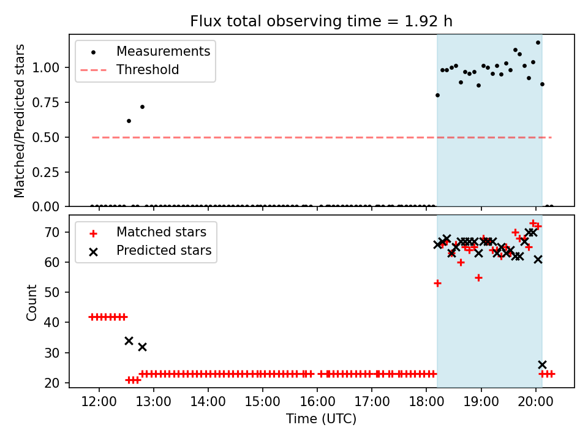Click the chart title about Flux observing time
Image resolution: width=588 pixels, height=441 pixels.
point(321,21)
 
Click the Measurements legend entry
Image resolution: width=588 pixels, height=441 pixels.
point(163,51)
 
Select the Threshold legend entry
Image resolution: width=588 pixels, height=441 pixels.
point(148,70)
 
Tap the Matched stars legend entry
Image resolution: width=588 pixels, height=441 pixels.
point(161,232)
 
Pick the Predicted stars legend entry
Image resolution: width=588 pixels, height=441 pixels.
point(164,251)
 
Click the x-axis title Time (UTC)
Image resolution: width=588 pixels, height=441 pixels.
point(321,419)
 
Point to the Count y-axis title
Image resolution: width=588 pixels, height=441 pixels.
point(31,302)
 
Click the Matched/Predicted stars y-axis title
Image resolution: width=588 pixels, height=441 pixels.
point(20,121)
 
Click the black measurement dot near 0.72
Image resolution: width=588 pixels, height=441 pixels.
point(142,107)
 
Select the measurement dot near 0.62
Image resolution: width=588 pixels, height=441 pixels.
point(129,121)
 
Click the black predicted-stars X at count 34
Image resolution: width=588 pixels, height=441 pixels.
point(129,341)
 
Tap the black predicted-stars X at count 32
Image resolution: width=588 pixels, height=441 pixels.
point(142,347)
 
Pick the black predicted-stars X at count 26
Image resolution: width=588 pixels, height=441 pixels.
point(542,364)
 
